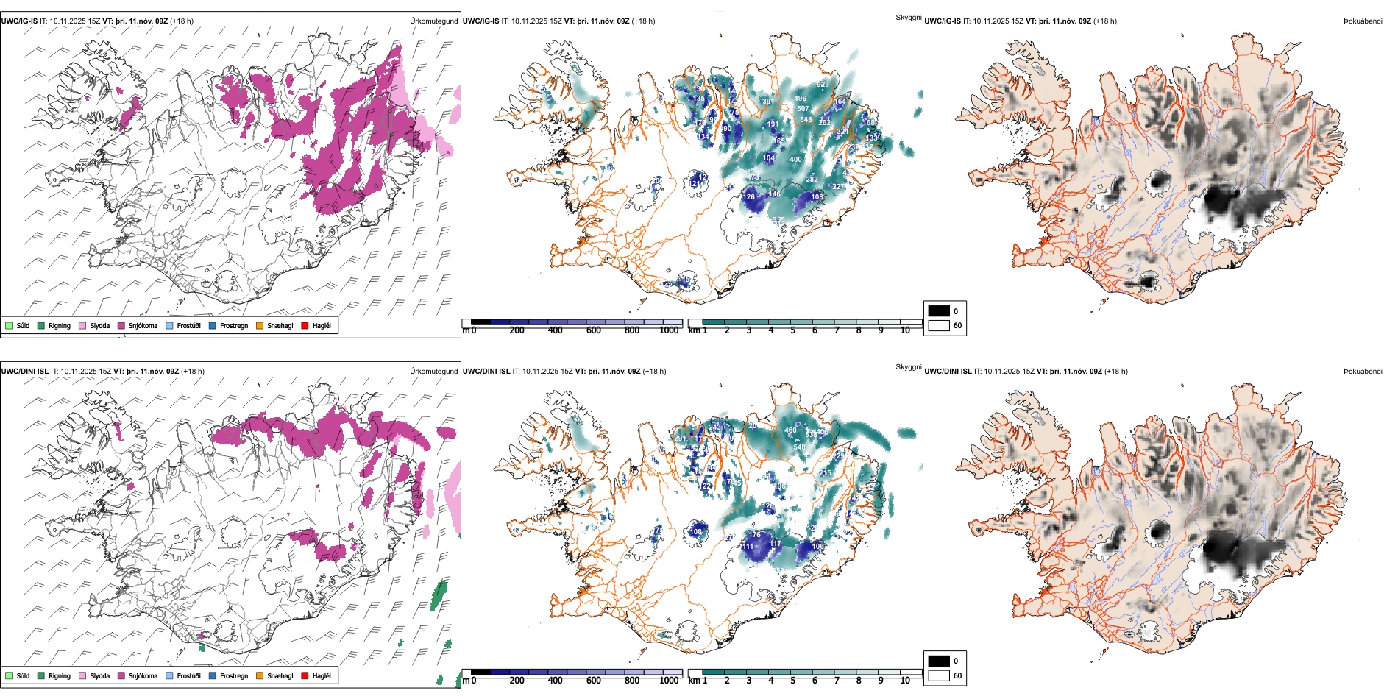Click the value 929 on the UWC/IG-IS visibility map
coord(823,85)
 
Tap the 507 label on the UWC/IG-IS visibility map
coord(803,109)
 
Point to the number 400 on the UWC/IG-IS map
coord(795,160)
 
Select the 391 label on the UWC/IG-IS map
coord(767,102)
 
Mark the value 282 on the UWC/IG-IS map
coord(812,180)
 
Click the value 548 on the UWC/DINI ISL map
coord(799,447)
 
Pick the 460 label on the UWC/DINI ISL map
coord(790,431)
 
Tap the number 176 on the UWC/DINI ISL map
coord(754,535)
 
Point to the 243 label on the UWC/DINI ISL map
coord(715,427)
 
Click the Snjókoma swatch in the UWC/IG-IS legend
coord(121,326)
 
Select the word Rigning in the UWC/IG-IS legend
coord(60,326)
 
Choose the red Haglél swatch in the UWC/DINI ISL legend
coord(305,676)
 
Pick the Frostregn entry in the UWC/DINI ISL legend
coord(234,676)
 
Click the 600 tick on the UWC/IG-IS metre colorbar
coord(594,331)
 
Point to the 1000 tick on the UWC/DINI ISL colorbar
coord(669,681)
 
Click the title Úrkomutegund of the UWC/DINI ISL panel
coord(433,372)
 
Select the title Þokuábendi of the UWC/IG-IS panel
coord(1363,21)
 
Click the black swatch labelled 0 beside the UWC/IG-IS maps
coord(939,311)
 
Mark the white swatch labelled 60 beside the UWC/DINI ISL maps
coord(939,675)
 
